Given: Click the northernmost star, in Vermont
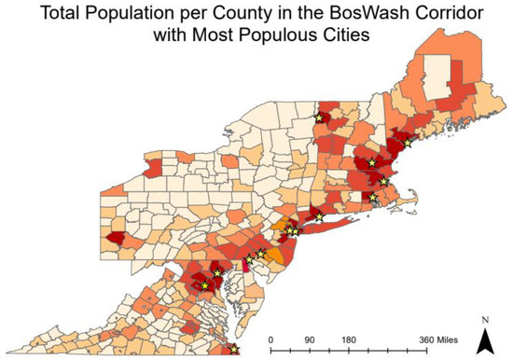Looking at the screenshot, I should pyautogui.click(x=319, y=118).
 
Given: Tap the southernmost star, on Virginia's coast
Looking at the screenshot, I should pyautogui.click(x=234, y=350).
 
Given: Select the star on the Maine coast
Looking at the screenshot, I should pyautogui.click(x=407, y=142).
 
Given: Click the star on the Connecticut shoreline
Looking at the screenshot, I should pyautogui.click(x=321, y=217).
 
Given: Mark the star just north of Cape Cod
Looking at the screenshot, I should pyautogui.click(x=383, y=180).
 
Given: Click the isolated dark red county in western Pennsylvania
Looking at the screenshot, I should pyautogui.click(x=117, y=240).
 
